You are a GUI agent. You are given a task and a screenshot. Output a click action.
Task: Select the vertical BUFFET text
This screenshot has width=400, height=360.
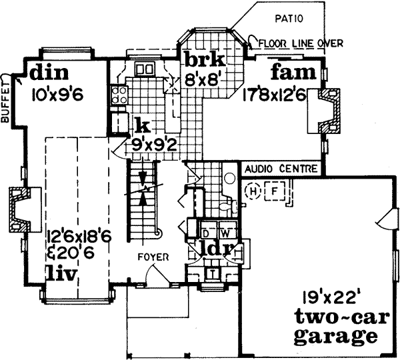tap(6, 99)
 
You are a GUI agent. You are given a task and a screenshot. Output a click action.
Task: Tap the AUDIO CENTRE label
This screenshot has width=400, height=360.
tap(280, 169)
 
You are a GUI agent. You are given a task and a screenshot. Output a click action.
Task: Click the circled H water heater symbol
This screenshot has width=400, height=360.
tap(253, 191)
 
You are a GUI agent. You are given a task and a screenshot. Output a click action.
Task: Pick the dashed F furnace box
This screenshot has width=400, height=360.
tap(273, 191)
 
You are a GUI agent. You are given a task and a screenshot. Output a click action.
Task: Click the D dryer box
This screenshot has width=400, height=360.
tap(206, 233)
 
